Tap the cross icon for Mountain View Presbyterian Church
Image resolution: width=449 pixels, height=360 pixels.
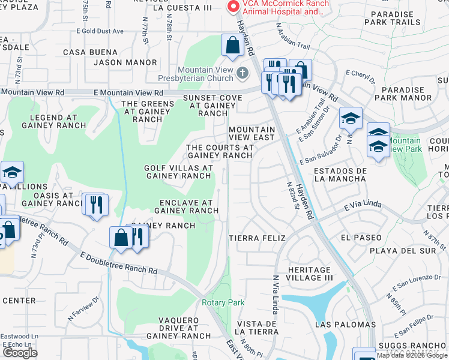point(242,73)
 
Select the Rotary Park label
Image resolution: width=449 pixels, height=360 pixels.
point(223,302)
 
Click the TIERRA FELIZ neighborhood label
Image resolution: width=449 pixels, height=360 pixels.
point(258,238)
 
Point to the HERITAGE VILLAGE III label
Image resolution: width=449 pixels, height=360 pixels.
point(310,274)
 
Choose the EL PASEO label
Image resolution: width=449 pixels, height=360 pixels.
point(360,238)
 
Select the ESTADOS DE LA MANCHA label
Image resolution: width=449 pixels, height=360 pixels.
point(340,175)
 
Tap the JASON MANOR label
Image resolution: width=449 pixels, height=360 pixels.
point(125,62)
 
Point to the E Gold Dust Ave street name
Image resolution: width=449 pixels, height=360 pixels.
point(100,31)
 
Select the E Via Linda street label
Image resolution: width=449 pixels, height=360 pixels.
point(364,206)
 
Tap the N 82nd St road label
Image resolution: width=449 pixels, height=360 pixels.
point(292,196)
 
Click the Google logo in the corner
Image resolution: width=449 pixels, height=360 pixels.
point(20,353)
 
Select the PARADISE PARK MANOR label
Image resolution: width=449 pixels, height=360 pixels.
point(402,94)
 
